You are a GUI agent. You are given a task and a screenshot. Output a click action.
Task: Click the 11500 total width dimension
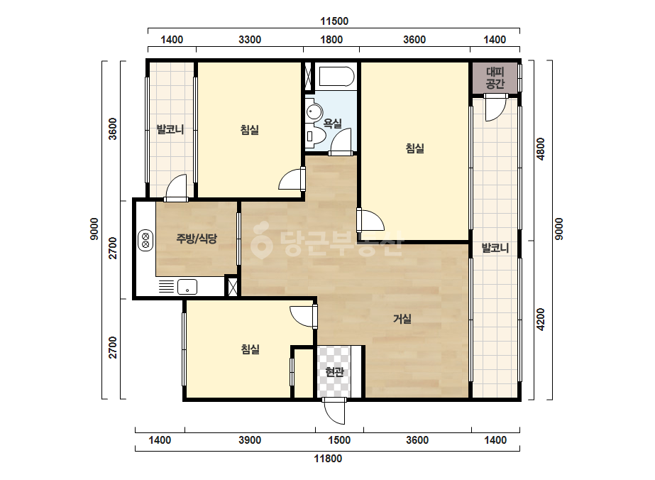coord(334,21)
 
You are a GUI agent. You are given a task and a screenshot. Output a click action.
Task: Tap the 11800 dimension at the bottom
coord(328,459)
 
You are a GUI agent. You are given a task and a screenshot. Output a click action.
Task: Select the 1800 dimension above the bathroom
coord(331,40)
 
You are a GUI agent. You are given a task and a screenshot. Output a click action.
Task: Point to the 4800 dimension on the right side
coord(541,149)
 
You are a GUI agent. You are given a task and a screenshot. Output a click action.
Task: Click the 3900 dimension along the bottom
coord(250,440)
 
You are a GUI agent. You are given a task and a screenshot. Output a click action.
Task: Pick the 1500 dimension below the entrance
coord(339,440)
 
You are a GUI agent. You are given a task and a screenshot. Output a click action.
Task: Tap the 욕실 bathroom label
coord(333,124)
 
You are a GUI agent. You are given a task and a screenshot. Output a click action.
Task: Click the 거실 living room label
coord(402,319)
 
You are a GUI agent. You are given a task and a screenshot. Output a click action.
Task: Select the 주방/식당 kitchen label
coord(197,239)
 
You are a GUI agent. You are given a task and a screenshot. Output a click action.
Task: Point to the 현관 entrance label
coord(335,371)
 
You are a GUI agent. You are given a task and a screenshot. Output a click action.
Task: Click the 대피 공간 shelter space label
coord(495,78)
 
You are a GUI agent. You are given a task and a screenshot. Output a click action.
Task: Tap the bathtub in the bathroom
coord(336,77)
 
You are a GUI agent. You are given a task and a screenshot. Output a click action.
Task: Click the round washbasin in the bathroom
coord(314,112)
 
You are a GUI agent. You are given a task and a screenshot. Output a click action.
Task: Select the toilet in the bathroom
coord(315,136)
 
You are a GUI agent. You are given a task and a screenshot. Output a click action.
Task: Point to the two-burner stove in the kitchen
coord(145,241)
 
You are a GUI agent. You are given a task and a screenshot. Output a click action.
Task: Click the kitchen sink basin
coord(187,288)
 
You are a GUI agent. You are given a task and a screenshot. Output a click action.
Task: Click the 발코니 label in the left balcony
coord(170,130)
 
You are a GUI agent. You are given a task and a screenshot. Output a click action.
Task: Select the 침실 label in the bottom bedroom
coord(251,349)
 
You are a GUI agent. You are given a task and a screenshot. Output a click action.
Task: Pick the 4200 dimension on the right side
coord(541,319)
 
